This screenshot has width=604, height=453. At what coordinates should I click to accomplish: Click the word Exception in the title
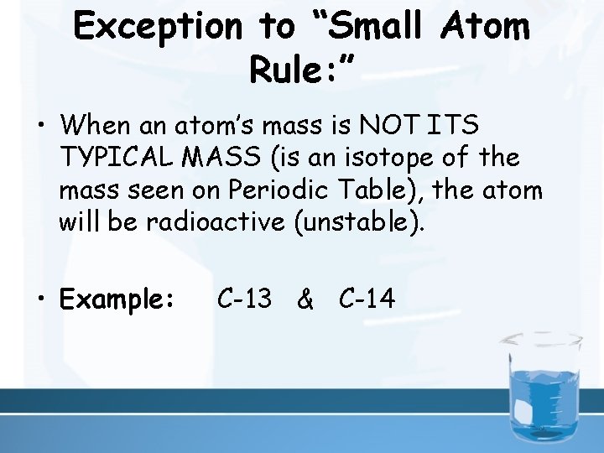[x=157, y=27]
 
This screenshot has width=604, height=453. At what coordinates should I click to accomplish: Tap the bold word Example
[x=117, y=299]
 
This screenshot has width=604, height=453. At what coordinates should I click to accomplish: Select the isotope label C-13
[x=244, y=298]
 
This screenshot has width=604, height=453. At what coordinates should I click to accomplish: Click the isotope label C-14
[x=367, y=298]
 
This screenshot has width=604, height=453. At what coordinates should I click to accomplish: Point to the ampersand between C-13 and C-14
[x=306, y=299]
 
